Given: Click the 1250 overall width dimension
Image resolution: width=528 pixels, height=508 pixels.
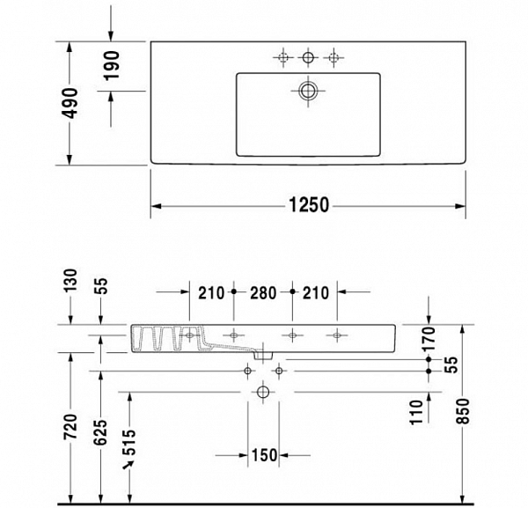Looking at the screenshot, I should pos(308,205).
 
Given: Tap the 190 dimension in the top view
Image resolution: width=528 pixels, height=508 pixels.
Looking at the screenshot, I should pos(112,65).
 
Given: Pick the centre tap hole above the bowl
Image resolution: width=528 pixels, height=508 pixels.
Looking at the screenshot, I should pos(308,58).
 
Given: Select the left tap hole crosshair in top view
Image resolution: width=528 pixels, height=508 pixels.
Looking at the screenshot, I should pos(282,58).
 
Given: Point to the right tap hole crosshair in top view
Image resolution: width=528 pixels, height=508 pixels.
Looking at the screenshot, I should pos(333,58).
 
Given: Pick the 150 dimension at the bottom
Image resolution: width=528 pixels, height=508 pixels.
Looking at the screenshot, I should pos(263,455).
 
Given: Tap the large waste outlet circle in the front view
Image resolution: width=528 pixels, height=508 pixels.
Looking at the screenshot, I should pos(262,391).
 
